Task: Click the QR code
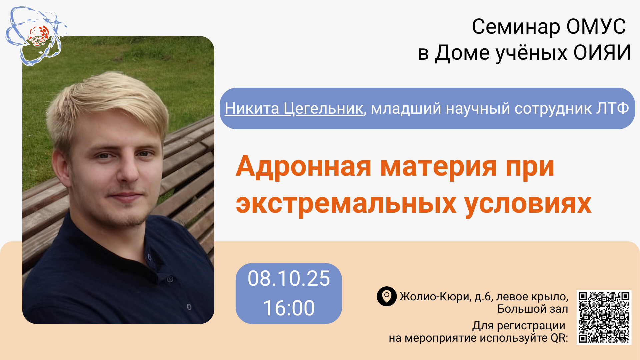tap(604, 317)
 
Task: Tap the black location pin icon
tap(387, 296)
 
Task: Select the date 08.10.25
tap(289, 279)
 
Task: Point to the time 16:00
tap(289, 308)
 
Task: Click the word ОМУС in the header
tap(596, 26)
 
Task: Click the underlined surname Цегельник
tap(323, 109)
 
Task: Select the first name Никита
tap(252, 109)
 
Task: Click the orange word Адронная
tap(303, 166)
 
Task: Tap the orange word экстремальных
tap(346, 204)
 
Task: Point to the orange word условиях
tap(528, 204)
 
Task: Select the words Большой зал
tap(533, 309)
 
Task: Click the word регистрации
tap(531, 326)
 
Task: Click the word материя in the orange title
tap(438, 167)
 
